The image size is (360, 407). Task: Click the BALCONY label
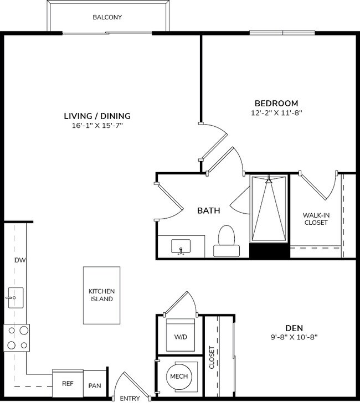[x=107, y=17]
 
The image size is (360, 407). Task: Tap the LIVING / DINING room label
[x=97, y=116]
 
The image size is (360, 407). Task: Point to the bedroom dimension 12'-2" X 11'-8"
[x=276, y=113]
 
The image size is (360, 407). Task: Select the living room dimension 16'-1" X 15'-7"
[x=97, y=126]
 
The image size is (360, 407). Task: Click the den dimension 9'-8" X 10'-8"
[x=294, y=337]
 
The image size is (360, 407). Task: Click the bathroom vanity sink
[x=181, y=246]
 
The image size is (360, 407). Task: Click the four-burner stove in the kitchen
[x=17, y=338]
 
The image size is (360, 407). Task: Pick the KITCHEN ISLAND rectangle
[x=101, y=295]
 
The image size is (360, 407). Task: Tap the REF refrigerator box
[x=68, y=383]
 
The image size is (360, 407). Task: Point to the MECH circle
[x=179, y=377]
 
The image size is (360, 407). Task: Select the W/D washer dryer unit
[x=181, y=335]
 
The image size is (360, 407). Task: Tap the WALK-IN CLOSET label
[x=315, y=219]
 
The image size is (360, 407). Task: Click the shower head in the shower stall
[x=269, y=181]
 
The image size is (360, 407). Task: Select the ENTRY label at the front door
[x=130, y=399]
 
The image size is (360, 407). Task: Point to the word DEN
[x=294, y=327]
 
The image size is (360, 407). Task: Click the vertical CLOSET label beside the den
[x=212, y=357]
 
